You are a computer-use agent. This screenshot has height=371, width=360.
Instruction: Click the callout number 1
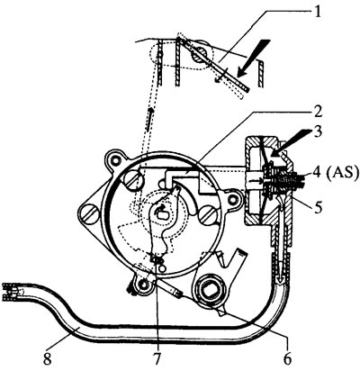pyautogui.click(x=318, y=13)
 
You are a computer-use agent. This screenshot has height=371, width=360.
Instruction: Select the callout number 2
pyautogui.click(x=317, y=113)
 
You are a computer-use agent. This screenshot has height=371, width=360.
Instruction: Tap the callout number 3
pyautogui.click(x=317, y=131)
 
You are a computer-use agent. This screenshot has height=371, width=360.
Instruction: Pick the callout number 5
pyautogui.click(x=318, y=207)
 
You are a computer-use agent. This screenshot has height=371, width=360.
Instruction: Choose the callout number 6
pyautogui.click(x=287, y=358)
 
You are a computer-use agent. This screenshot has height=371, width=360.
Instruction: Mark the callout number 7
pyautogui.click(x=157, y=358)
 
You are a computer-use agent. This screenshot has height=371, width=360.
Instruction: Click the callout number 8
pyautogui.click(x=48, y=358)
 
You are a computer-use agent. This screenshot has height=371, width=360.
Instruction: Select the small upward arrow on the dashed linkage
pyautogui.click(x=150, y=119)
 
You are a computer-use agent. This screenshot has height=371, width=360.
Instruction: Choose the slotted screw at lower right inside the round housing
pyautogui.click(x=208, y=215)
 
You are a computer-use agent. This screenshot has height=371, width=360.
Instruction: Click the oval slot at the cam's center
pyautogui.click(x=163, y=213)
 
